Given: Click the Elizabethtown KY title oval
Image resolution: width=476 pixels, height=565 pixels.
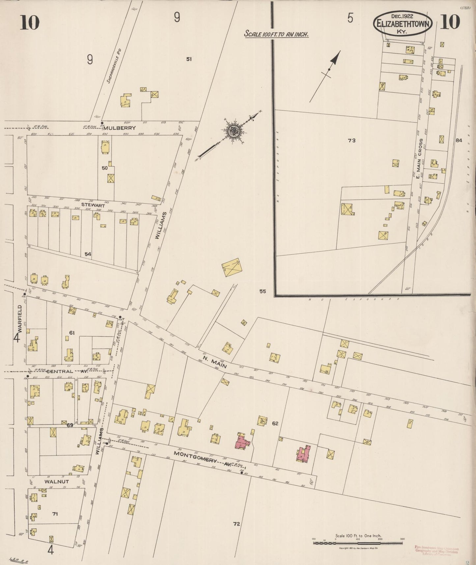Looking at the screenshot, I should pos(402,23).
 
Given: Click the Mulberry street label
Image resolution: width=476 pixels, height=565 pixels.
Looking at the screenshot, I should pos(123,128).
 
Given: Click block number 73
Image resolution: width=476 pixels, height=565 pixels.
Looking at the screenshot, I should pos(351,140).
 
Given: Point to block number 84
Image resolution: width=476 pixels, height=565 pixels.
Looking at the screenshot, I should pos(459,140).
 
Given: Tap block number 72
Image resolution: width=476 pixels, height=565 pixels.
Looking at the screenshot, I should pos(236,523).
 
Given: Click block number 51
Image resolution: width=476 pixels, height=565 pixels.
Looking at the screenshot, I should pos(189,59).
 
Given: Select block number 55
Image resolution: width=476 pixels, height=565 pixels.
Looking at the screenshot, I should pos(262,291).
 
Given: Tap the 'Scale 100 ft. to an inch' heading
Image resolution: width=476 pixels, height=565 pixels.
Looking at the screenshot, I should pos(276,34).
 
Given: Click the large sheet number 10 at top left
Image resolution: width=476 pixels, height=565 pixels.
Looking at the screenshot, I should pos(29,22).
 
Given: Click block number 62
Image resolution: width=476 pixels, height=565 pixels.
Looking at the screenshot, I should pos(275,423).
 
